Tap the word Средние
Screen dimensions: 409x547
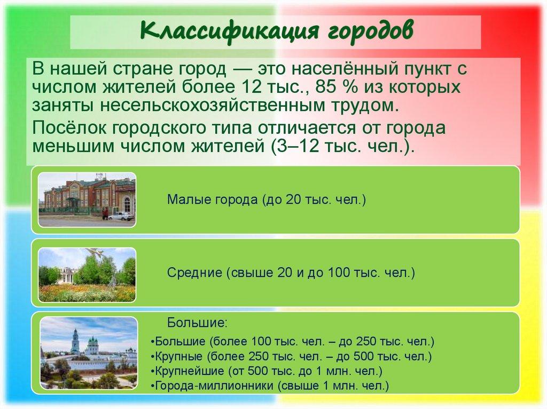click(x=194, y=273)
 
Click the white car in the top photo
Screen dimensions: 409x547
click(x=122, y=215)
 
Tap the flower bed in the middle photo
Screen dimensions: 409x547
click(x=85, y=293)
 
